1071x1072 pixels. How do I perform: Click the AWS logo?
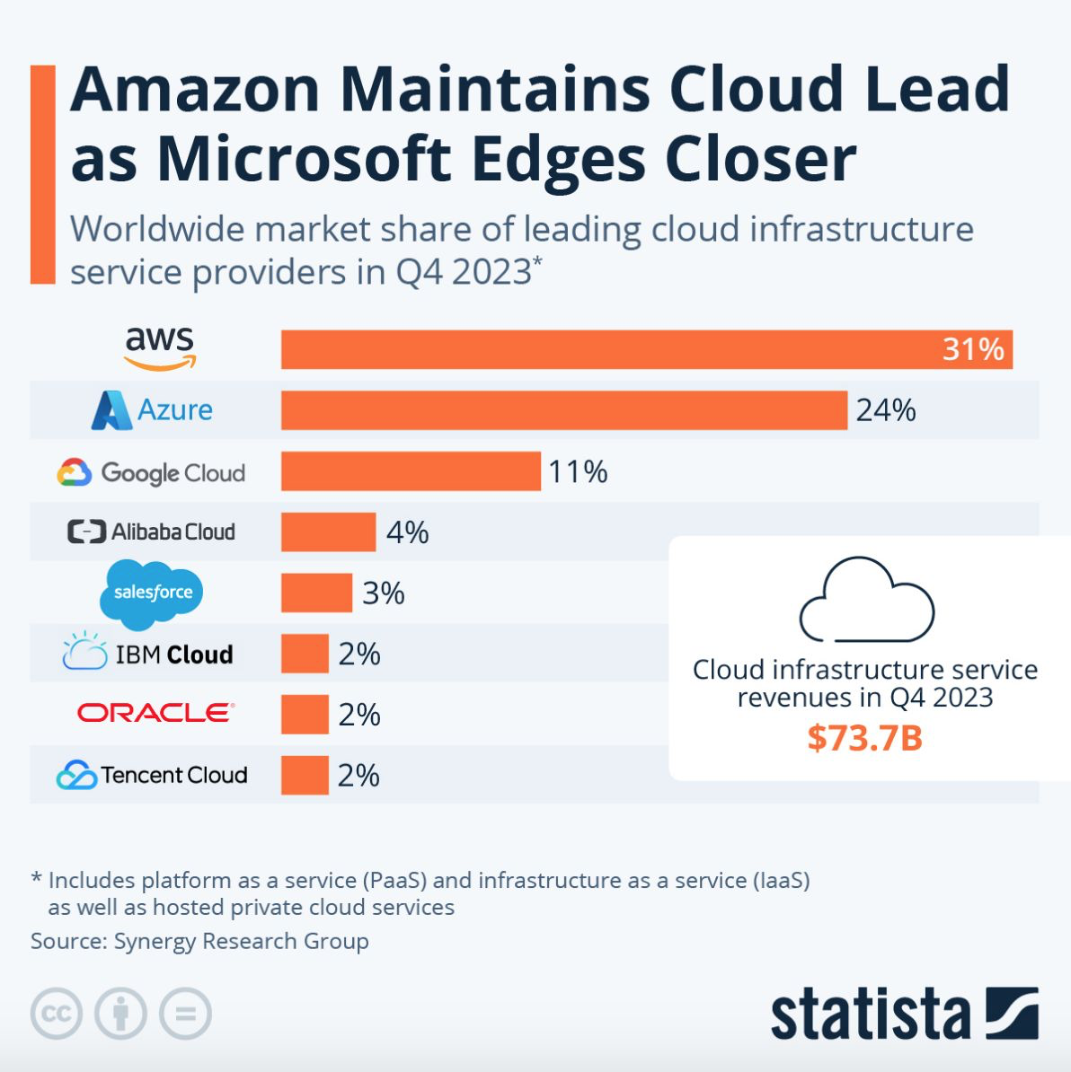pyautogui.click(x=159, y=348)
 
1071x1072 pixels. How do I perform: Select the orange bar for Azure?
pyautogui.click(x=563, y=410)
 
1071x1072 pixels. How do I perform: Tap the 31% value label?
pyautogui.click(x=972, y=349)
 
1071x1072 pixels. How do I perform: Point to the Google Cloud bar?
pyautogui.click(x=411, y=471)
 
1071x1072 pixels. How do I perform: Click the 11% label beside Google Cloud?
pyautogui.click(x=578, y=471)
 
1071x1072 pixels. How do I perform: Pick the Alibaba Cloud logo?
pyautogui.click(x=151, y=532)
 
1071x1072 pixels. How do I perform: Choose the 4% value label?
pyautogui.click(x=407, y=532)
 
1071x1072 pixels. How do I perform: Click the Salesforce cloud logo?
pyautogui.click(x=152, y=593)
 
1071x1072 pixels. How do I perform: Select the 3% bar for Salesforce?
pyautogui.click(x=316, y=593)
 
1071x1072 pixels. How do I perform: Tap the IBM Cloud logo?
pyautogui.click(x=148, y=654)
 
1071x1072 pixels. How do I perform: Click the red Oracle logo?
pyautogui.click(x=155, y=713)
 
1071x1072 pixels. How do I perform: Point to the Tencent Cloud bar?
pyautogui.click(x=305, y=775)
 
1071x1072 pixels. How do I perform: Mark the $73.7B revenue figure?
pyautogui.click(x=864, y=738)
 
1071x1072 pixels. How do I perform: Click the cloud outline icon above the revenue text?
pyautogui.click(x=866, y=600)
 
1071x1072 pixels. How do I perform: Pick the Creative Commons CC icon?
pyautogui.click(x=57, y=1014)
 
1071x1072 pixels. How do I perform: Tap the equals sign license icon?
pyautogui.click(x=185, y=1014)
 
